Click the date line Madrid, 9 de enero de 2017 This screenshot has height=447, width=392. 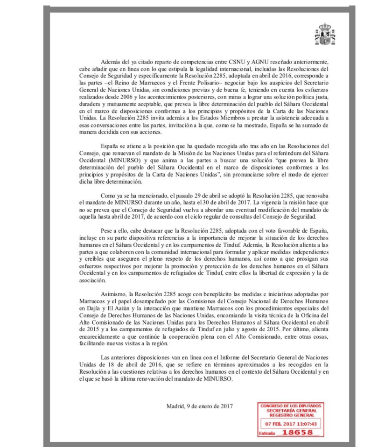(x=200, y=406)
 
